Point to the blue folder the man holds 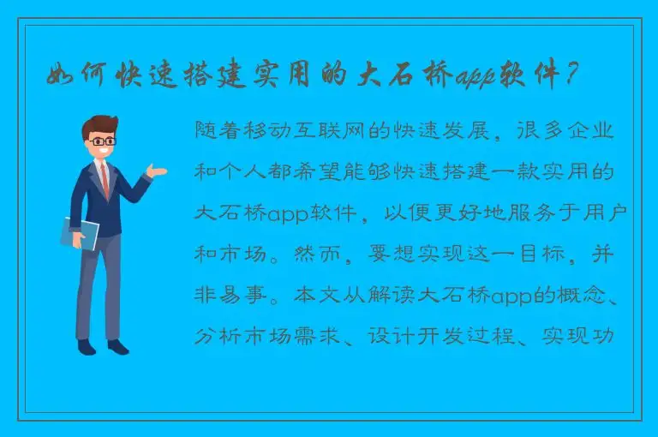(80, 232)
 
